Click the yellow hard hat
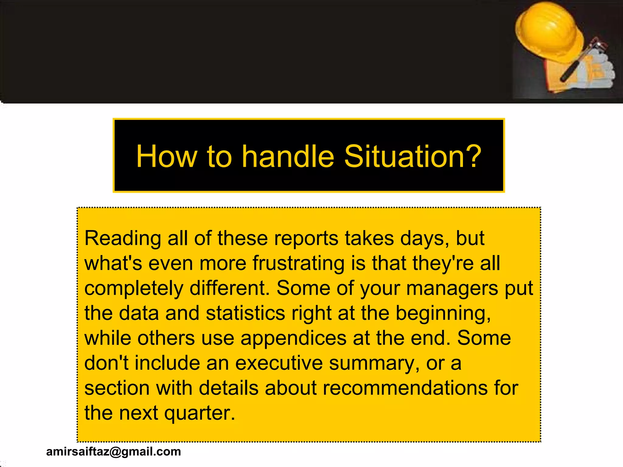tap(548, 30)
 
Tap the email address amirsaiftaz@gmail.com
tap(113, 451)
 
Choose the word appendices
tap(293, 338)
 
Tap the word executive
tap(279, 363)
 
